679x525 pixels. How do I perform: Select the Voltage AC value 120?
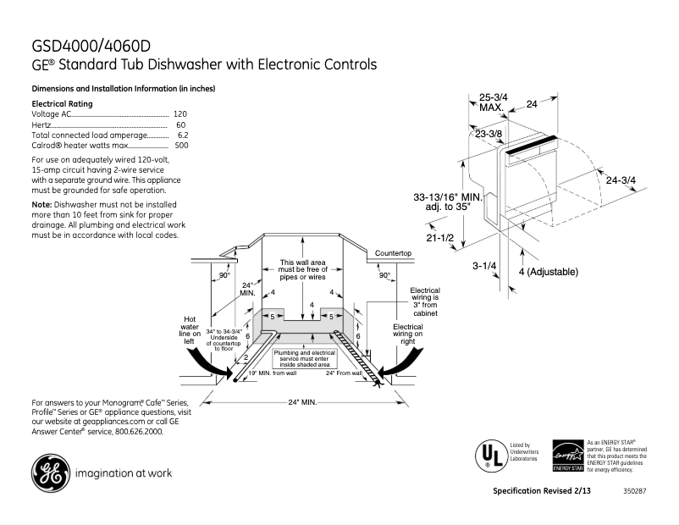pos(179,113)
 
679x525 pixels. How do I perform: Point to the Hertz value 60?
pos(181,124)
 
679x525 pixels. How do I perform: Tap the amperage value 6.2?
pos(182,135)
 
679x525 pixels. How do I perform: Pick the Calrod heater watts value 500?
pos(181,146)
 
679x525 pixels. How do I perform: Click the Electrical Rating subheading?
pos(61,103)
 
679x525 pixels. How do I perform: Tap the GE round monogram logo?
pos(50,473)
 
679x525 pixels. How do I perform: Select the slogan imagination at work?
pos(124,473)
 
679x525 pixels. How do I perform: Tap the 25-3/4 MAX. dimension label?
pos(493,102)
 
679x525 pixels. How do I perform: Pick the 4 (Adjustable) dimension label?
pos(547,272)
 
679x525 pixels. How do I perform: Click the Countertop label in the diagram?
pos(393,253)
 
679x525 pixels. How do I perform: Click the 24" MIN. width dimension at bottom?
pos(301,401)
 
